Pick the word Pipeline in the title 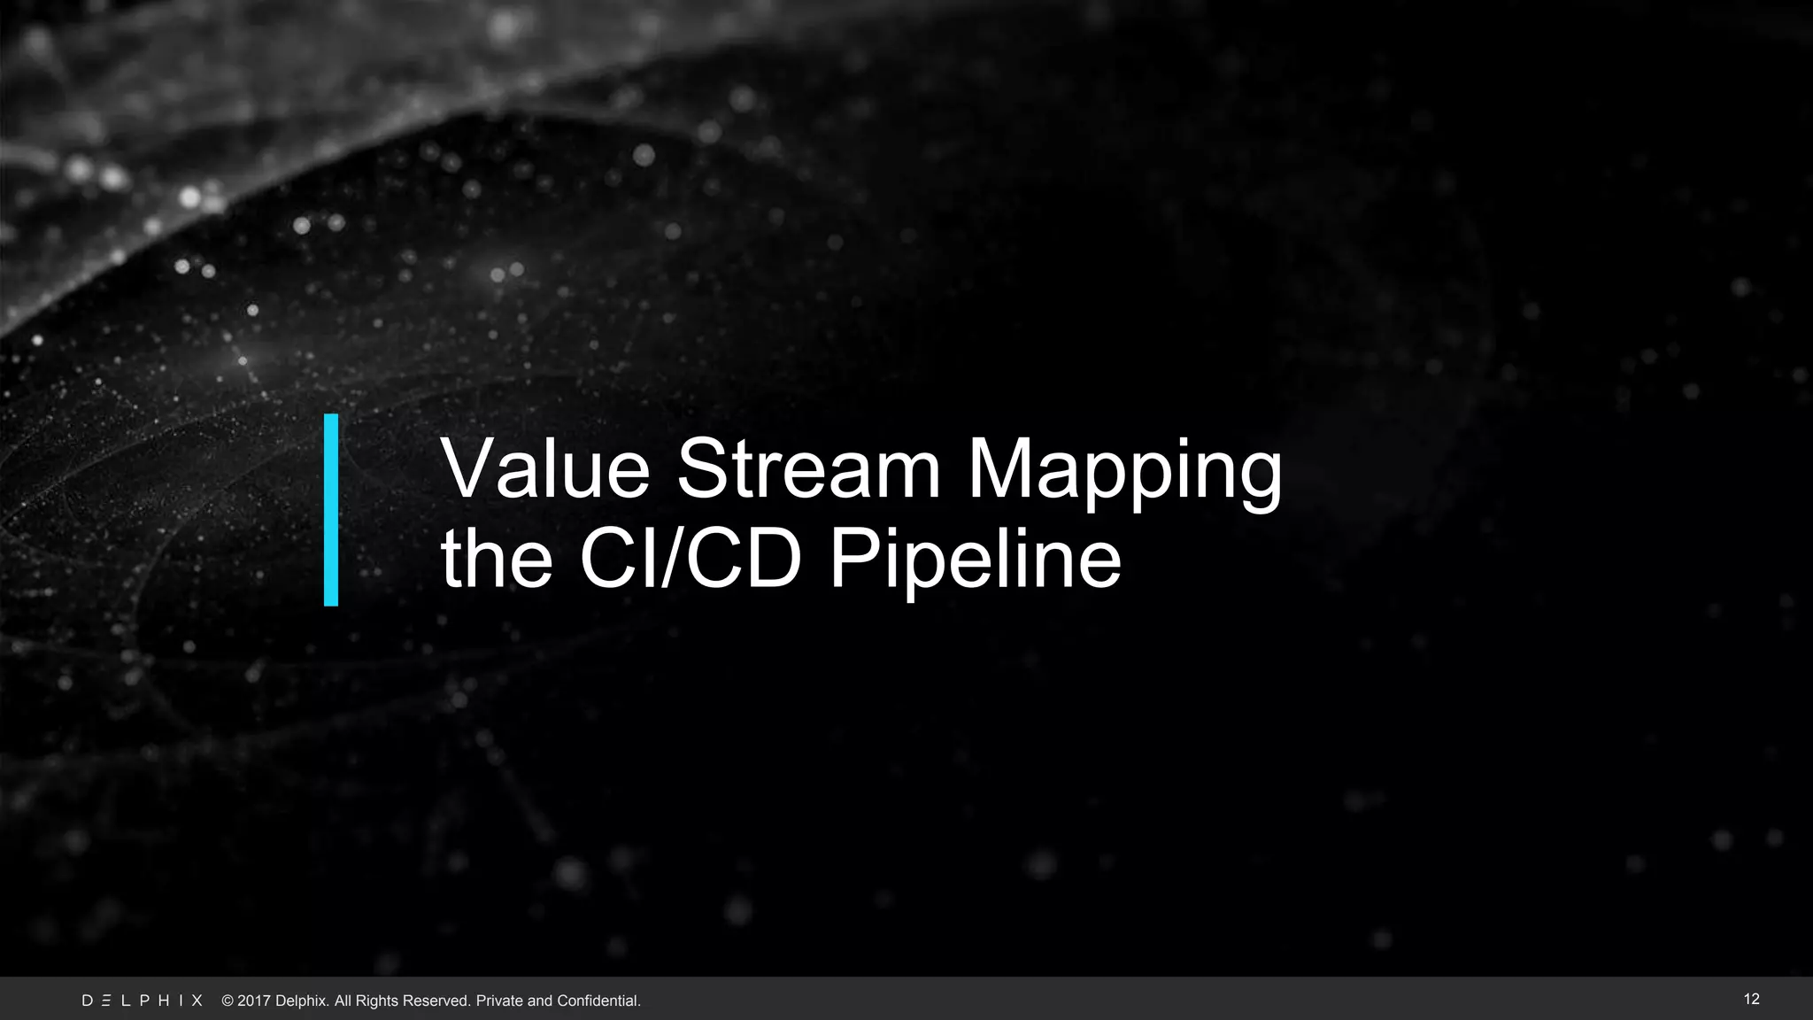click(x=975, y=561)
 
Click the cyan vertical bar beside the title click(x=331, y=510)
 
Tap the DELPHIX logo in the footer click(x=143, y=1001)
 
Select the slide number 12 click(x=1751, y=999)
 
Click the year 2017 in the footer click(x=254, y=1001)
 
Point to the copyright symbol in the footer click(x=228, y=1001)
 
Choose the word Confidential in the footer click(x=598, y=1001)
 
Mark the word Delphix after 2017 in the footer click(x=302, y=1001)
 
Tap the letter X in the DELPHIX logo click(x=197, y=1001)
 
